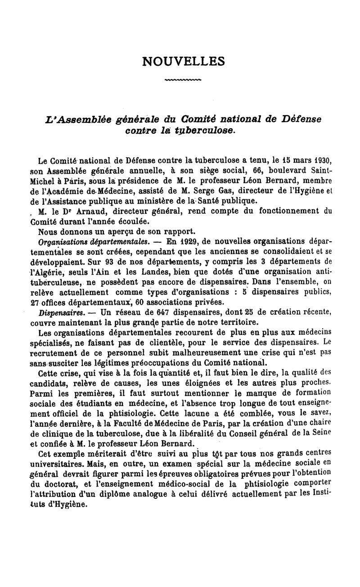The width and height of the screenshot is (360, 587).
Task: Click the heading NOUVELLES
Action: click(x=183, y=61)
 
